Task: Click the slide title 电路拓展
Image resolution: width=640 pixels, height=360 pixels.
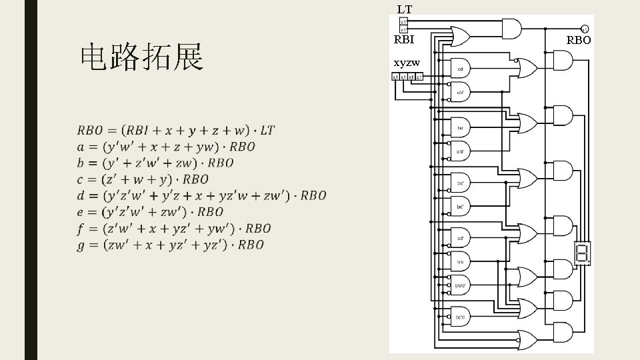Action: tap(141, 59)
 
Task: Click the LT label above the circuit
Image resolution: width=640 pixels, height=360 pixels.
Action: tap(404, 9)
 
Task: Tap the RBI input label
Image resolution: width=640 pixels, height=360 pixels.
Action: tap(404, 39)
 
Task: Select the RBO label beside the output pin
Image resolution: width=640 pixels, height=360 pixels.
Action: tap(579, 40)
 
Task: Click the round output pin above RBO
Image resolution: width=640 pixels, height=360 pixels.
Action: tap(583, 29)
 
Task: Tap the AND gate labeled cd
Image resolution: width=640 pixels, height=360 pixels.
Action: tap(461, 69)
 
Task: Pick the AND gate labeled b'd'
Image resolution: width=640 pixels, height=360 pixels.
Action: tap(461, 151)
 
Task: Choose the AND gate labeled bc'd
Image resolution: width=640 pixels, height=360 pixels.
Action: tap(461, 317)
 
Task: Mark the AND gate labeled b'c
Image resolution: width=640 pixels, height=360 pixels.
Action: tap(461, 262)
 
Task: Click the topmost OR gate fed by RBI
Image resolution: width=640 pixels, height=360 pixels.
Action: tap(461, 36)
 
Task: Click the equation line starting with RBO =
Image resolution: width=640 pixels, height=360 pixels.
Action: tap(176, 129)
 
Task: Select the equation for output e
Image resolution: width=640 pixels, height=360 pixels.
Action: tap(150, 212)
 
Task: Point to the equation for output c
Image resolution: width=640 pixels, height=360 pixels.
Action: tap(143, 179)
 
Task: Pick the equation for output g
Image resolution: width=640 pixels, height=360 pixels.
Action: tap(171, 245)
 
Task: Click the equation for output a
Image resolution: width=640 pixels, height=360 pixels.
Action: tap(166, 147)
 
